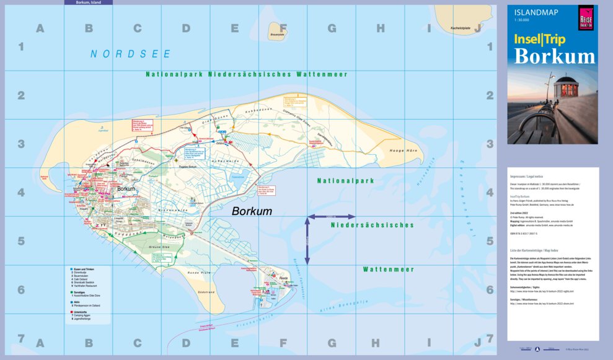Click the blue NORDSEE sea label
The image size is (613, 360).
pyautogui.click(x=130, y=54)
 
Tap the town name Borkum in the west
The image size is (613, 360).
pyautogui.click(x=126, y=188)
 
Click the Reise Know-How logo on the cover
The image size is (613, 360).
pyautogui.click(x=581, y=16)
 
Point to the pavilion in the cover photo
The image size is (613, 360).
pyautogui.click(x=563, y=89)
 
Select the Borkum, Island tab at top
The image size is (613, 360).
pyautogui.click(x=88, y=2)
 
